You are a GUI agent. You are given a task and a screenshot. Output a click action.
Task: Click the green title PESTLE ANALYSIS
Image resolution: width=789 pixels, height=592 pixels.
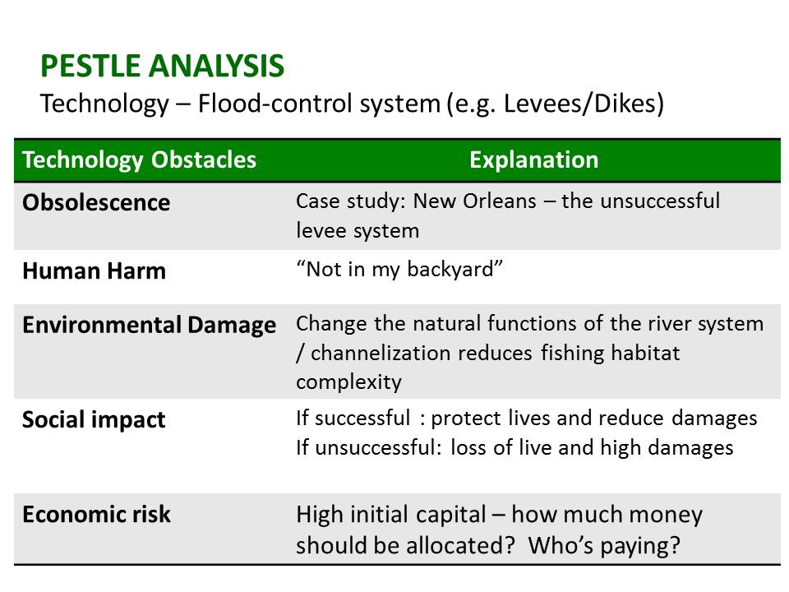[x=163, y=66]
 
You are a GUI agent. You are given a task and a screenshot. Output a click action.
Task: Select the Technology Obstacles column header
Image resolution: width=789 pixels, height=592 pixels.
[x=140, y=160]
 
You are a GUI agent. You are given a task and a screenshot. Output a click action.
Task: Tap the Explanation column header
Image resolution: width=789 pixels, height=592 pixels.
[x=534, y=160]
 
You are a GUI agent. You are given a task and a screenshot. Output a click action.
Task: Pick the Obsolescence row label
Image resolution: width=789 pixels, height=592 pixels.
[x=96, y=202]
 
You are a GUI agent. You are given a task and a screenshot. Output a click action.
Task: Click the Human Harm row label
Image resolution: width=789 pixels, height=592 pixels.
[x=94, y=271]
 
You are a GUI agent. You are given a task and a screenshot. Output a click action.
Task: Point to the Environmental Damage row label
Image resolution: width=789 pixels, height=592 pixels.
[x=150, y=326]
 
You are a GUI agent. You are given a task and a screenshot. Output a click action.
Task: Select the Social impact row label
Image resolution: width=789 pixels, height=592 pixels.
[x=94, y=420]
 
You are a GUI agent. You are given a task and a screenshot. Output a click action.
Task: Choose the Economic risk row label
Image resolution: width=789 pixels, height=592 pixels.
[x=97, y=515]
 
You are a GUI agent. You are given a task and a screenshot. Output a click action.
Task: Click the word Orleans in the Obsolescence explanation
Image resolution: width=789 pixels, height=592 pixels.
[x=500, y=201]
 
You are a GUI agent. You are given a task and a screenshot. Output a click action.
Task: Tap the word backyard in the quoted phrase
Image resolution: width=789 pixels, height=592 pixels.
[x=450, y=270]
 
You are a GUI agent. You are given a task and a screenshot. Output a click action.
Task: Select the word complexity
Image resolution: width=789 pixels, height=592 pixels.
[x=348, y=382]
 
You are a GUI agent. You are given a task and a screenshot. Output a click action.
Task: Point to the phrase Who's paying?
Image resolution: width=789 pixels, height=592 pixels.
[x=604, y=546]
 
